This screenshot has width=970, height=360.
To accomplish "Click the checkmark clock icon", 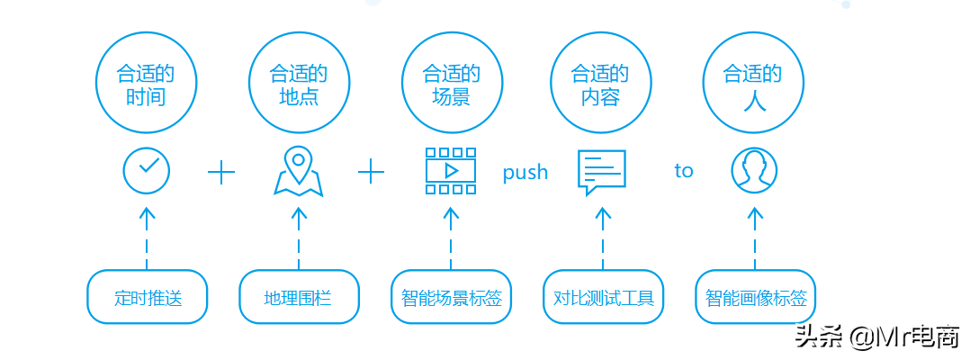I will [147, 170].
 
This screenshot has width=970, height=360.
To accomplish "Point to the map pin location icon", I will [299, 171].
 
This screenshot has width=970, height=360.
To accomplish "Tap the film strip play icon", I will [451, 171].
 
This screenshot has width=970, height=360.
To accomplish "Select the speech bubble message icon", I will [601, 172].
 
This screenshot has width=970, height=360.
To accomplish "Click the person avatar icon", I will [754, 171].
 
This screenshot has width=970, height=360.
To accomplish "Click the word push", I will [525, 173].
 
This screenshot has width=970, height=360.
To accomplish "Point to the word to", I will [684, 171].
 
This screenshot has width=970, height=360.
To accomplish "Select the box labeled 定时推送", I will [148, 297].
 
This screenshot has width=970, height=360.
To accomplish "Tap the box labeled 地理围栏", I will [299, 297].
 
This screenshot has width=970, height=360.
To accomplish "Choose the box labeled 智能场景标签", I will [451, 297].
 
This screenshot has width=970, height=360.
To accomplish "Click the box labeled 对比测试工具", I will [603, 297].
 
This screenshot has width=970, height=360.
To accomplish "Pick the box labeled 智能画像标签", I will [755, 297].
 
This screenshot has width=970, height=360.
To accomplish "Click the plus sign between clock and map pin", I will [221, 172].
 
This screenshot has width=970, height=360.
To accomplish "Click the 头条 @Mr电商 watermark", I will [875, 337].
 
